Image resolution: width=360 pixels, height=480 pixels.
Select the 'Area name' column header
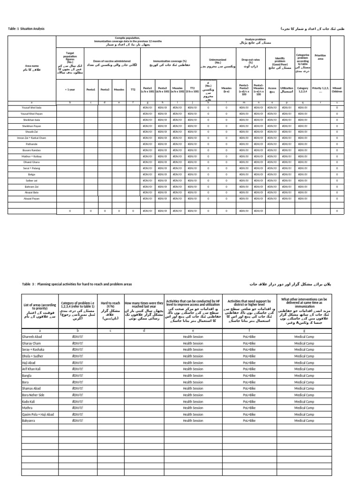coord(32,68)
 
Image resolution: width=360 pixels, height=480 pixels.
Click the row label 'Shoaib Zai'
coord(32,132)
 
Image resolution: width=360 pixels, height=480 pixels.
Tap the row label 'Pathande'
coord(32,144)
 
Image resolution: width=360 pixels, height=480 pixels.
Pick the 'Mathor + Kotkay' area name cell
coord(32,156)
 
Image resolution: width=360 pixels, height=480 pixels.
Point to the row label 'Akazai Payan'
coord(32,199)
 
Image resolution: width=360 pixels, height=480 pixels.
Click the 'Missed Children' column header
coord(337,89)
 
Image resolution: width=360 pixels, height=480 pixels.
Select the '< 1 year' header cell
coord(71,89)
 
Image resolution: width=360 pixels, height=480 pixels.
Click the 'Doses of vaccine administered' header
coord(112,61)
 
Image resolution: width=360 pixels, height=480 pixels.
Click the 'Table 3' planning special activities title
coord(77,284)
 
